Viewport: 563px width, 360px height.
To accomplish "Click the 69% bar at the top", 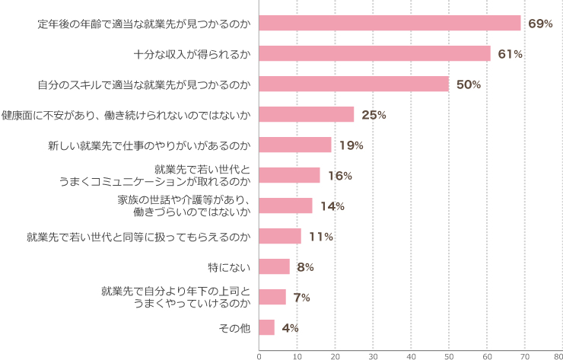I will (x=390, y=23).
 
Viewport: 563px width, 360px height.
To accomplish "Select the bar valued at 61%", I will (x=374, y=53).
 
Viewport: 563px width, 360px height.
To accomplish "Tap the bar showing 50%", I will (x=354, y=84).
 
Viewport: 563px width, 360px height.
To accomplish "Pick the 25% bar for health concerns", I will (x=307, y=114).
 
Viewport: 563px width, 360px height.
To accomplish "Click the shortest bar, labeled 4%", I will (x=267, y=327).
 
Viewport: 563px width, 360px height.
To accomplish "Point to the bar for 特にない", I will (x=275, y=266).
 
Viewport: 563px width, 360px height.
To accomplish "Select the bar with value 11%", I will (x=280, y=236).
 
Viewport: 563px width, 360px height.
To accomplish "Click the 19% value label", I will (x=351, y=145).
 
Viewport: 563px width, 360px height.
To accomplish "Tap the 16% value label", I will (x=340, y=176).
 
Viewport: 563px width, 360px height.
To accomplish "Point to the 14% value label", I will (x=332, y=206).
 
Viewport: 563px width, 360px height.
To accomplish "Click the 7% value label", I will (x=301, y=298).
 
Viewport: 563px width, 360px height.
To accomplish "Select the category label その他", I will (x=234, y=328).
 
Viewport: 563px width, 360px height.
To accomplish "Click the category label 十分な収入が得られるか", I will (x=192, y=54).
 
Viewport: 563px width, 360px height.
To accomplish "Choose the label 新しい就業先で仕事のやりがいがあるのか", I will (x=149, y=145).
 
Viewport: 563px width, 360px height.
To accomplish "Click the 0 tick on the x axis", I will (x=259, y=354).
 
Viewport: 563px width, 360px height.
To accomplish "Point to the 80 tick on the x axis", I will (x=558, y=354).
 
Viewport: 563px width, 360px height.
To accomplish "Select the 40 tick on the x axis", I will (x=411, y=354).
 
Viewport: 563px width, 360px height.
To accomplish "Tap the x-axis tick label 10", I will (x=297, y=354).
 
